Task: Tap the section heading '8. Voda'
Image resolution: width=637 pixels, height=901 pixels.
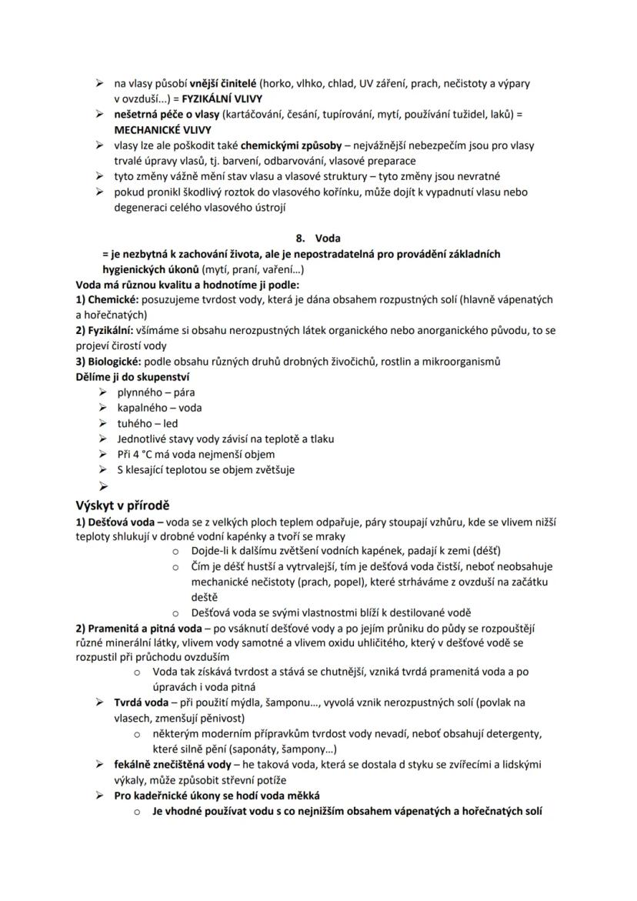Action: pyautogui.click(x=318, y=239)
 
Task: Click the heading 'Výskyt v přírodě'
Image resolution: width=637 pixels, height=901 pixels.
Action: pyautogui.click(x=122, y=506)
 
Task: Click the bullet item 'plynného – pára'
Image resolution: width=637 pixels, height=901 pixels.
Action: pyautogui.click(x=152, y=393)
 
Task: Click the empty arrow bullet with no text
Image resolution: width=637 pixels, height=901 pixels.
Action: pyautogui.click(x=100, y=486)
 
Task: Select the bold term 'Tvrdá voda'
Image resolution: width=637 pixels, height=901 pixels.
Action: pyautogui.click(x=141, y=702)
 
